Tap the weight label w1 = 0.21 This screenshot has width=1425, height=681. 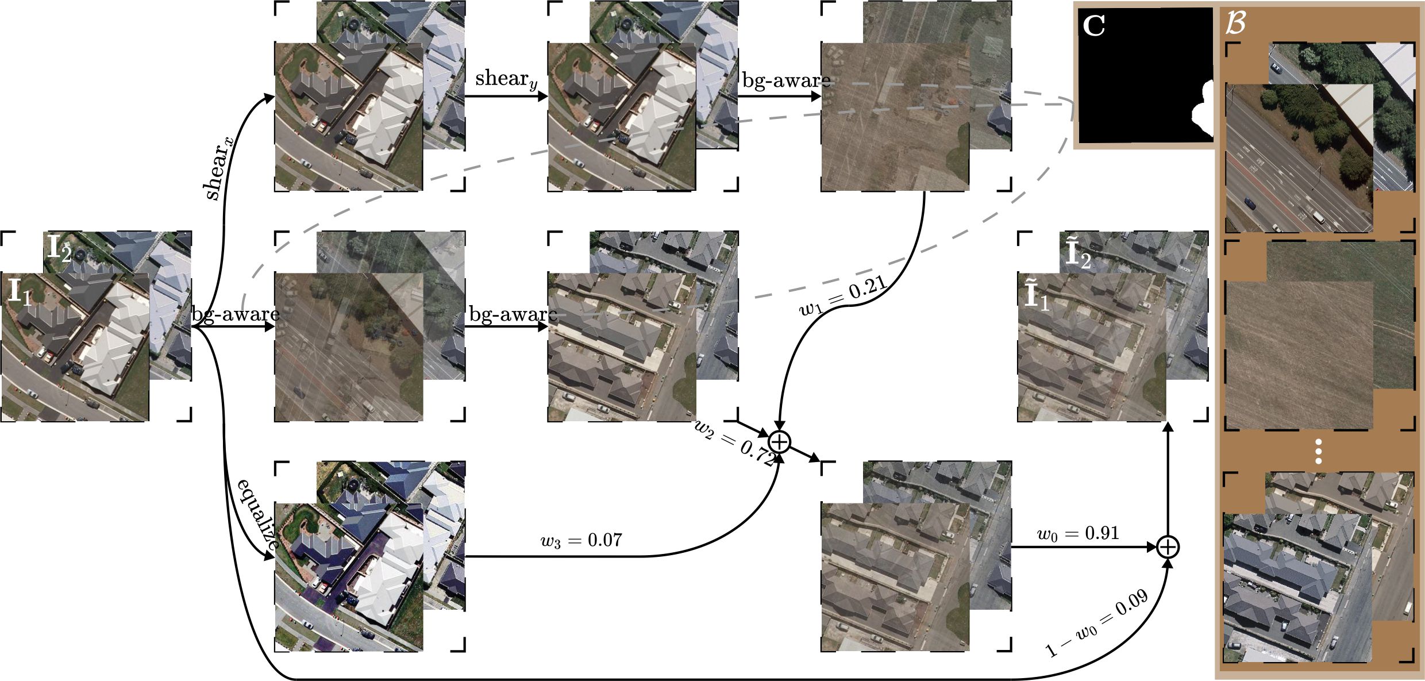point(844,295)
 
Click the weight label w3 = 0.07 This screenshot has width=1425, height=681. point(581,540)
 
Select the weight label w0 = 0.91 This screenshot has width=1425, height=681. point(1078,533)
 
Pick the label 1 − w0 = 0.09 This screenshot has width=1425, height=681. point(1096,622)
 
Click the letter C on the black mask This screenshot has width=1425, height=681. point(1093,26)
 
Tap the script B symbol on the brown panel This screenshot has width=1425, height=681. point(1235,24)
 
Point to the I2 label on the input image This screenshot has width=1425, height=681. point(59,248)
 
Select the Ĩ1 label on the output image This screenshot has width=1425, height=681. point(1037,297)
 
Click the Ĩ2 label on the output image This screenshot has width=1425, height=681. point(1078,255)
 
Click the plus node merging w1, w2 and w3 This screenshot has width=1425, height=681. point(780,442)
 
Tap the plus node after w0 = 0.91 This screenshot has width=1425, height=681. point(1168,547)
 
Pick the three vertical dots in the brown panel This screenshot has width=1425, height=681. point(1319,452)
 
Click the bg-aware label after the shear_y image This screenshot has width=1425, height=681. point(786,80)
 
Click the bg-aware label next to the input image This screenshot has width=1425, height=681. point(235,314)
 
